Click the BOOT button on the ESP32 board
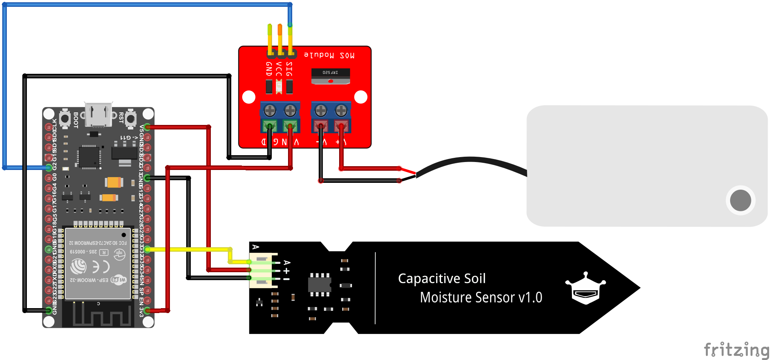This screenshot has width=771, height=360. click(65, 118)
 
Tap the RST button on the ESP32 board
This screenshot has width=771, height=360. click(131, 118)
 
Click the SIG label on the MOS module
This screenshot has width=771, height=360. click(290, 69)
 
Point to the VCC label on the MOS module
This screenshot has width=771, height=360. click(279, 69)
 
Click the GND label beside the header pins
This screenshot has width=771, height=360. click(269, 69)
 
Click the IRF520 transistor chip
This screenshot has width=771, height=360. click(330, 76)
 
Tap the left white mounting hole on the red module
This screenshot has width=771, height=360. click(249, 97)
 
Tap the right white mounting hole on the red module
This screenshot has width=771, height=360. click(361, 97)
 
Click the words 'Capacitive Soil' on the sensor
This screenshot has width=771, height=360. click(442, 279)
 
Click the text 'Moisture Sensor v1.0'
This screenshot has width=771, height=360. click(481, 298)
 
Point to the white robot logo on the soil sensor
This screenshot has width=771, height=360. click(586, 288)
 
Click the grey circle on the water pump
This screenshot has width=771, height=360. click(740, 200)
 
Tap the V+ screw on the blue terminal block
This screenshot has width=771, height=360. click(341, 111)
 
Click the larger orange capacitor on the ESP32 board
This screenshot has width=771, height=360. click(114, 182)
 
